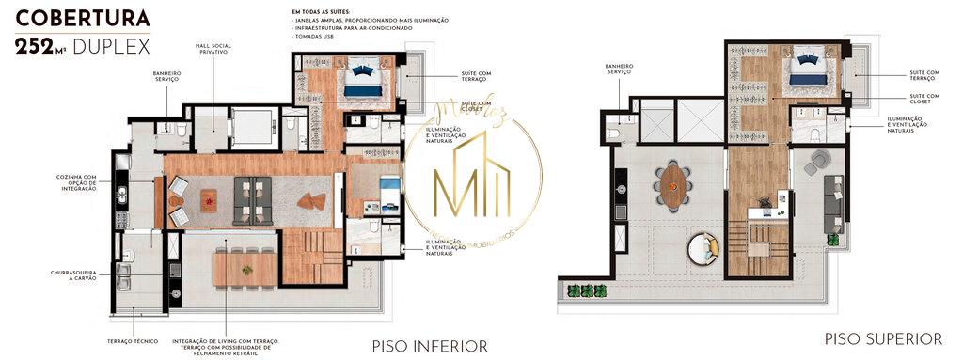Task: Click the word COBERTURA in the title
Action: tap(84, 19)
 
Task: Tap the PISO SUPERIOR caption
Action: tap(883, 338)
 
